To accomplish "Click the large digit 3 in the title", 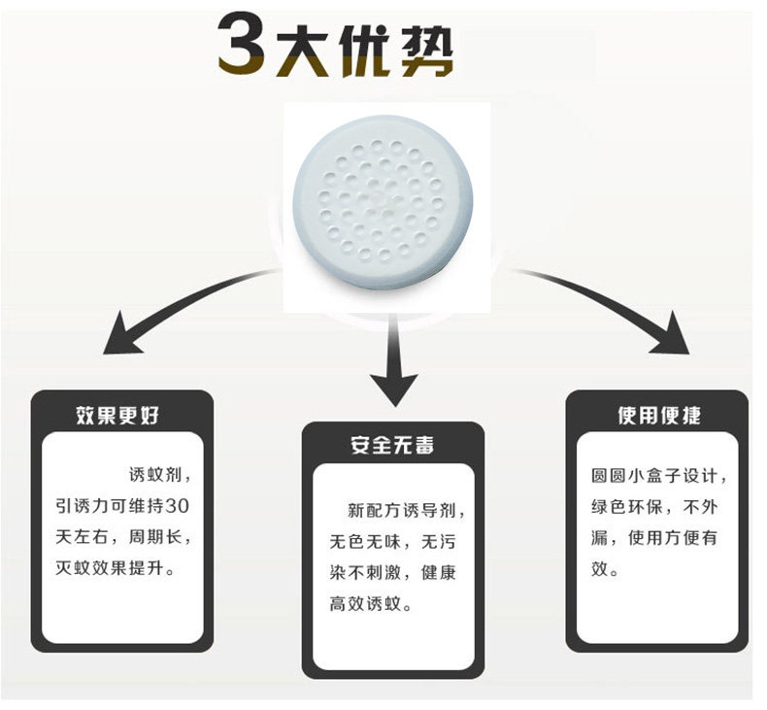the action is point(244,46).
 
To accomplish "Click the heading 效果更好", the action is point(117,416).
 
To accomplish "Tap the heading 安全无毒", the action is point(392,446).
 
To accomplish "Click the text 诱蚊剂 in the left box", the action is point(156,476).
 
